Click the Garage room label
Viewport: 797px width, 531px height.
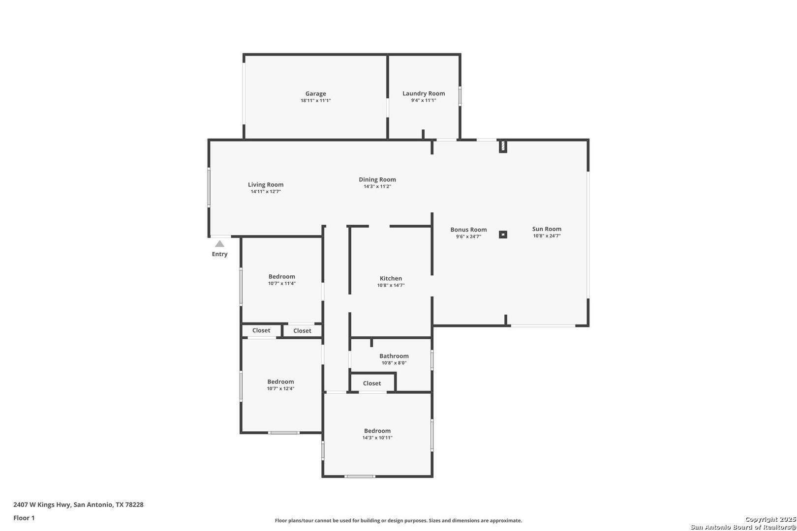tap(315, 93)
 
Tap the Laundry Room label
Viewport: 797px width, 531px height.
tap(424, 93)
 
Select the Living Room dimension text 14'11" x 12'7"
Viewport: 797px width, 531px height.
tap(266, 191)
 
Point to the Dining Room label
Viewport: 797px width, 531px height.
tap(377, 179)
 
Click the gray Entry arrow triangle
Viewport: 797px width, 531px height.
tap(219, 244)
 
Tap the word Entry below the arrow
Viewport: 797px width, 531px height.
tap(219, 254)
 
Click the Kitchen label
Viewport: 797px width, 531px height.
tap(391, 278)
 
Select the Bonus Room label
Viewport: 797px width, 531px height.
tap(468, 230)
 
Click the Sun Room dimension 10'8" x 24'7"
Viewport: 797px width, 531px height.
tap(547, 236)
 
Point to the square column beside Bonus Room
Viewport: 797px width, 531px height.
tap(503, 235)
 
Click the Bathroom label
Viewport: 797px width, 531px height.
tap(394, 355)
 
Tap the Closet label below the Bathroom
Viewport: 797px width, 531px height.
tap(372, 383)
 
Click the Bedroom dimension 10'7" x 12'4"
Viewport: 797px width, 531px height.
tap(280, 388)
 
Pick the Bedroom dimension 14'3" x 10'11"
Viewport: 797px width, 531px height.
tap(377, 438)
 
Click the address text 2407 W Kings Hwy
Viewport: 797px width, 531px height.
tap(42, 504)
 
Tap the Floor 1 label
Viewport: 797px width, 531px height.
tap(24, 518)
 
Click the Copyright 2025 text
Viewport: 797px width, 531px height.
tap(770, 519)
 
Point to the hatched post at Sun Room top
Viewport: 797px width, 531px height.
tap(503, 147)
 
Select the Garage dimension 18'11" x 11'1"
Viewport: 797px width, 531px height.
tap(315, 100)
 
